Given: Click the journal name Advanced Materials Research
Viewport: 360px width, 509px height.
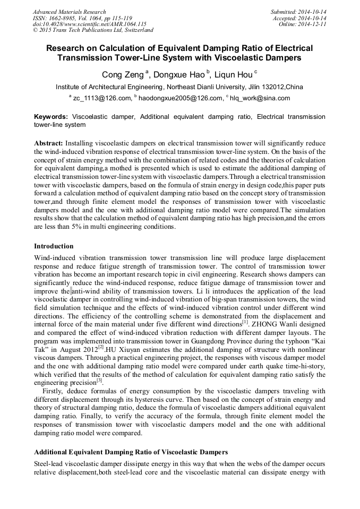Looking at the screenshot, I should [x=69, y=12].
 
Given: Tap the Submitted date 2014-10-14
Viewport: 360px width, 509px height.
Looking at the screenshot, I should [x=312, y=12].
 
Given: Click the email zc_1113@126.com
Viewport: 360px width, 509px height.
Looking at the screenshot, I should [x=102, y=98].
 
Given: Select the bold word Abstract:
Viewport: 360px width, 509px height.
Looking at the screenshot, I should [x=49, y=144].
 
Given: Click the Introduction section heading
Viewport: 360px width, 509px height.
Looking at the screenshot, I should [x=54, y=246].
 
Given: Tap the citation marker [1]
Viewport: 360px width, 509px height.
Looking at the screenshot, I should [x=245, y=322].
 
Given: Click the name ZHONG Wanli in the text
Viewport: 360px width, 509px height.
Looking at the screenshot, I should [x=271, y=323].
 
